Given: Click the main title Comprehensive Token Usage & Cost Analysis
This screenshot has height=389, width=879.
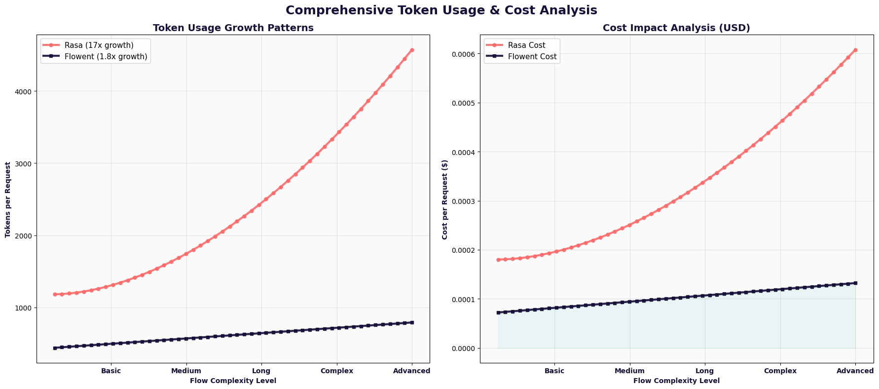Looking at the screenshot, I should point(441,10).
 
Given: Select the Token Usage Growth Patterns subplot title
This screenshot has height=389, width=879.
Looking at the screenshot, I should point(233,28).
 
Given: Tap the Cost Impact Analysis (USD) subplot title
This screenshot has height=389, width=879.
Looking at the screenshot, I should point(676,28).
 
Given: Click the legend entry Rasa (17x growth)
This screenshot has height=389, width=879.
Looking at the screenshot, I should point(99,45).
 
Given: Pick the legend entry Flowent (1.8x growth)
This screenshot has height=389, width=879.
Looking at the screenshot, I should point(106,57).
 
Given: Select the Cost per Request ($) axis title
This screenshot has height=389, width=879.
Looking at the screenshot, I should point(445,199).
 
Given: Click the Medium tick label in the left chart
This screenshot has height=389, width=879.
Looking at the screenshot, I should point(186,371).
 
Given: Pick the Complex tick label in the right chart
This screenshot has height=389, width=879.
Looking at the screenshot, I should point(780,371).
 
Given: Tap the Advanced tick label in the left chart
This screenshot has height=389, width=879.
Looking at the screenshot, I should point(411,371).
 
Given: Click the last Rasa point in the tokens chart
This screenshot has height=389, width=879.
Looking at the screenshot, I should point(412,50).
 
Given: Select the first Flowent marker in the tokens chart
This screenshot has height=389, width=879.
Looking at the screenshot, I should point(55,348).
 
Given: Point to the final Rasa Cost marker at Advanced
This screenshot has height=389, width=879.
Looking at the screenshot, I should point(855,50).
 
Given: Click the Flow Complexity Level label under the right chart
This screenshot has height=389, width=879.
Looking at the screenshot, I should point(676,381).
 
